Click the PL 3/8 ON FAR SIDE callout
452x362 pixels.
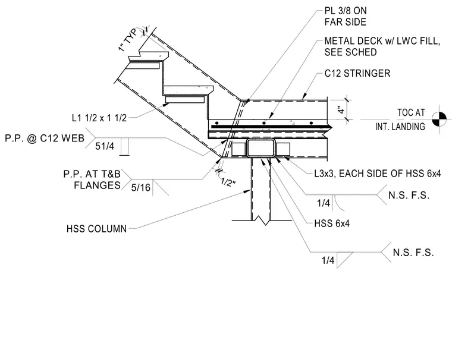tap(346, 17)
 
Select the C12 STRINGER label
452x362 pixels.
tap(357, 74)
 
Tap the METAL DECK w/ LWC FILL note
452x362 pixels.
tap(382, 46)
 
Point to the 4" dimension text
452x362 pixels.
tap(341, 110)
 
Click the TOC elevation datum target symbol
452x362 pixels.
tap(440, 119)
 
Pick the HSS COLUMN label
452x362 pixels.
tap(96, 229)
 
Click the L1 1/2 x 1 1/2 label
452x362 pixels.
tap(99, 118)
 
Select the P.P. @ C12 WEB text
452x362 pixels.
tap(45, 138)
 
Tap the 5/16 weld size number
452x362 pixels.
tap(141, 188)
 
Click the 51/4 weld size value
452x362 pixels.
tap(105, 146)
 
